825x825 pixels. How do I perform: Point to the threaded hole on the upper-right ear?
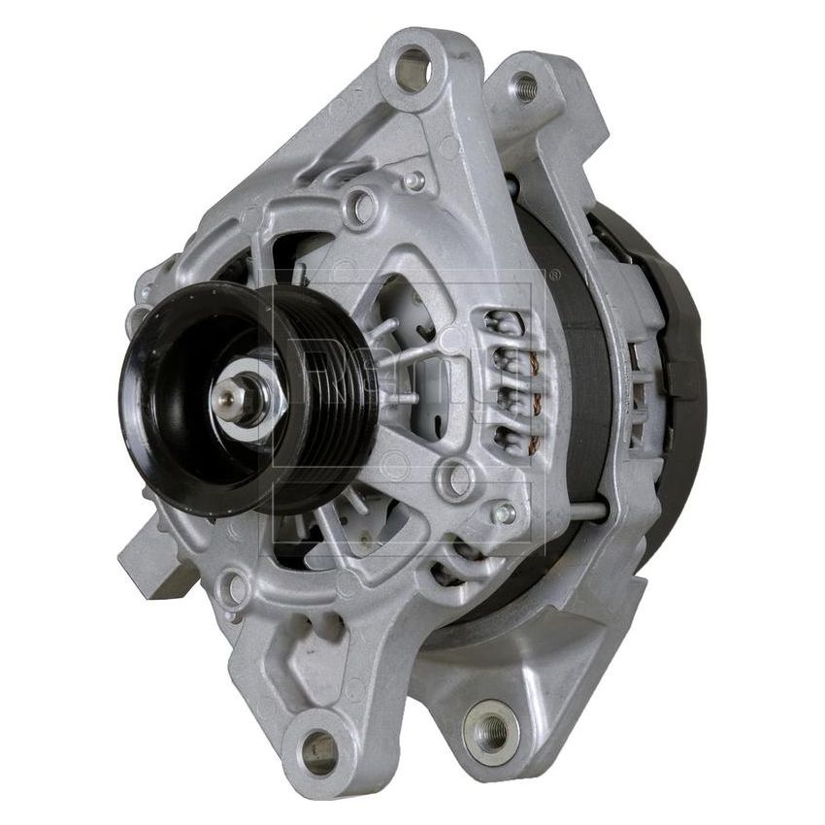(525, 87)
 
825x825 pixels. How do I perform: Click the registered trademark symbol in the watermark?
(554, 276)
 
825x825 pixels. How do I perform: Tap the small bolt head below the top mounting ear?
(415, 181)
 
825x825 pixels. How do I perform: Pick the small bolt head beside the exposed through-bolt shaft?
(503, 512)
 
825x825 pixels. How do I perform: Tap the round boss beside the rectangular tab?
(235, 588)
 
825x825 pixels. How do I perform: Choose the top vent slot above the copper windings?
(505, 321)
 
